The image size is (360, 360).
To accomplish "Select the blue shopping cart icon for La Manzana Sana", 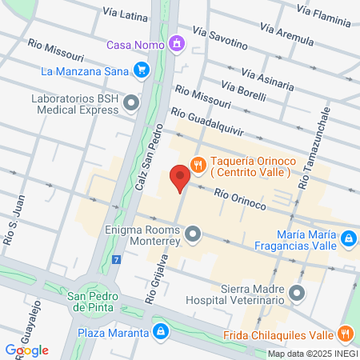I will [x=142, y=71].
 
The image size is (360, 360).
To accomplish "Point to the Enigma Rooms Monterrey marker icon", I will [x=193, y=234].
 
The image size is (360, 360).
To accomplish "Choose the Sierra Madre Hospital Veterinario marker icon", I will [x=298, y=294].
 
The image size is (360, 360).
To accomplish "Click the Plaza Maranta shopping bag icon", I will [x=161, y=331].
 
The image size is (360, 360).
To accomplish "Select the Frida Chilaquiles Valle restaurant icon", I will [x=346, y=334].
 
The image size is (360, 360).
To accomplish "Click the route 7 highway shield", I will [x=117, y=260].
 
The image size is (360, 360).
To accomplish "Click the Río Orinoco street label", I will [x=240, y=198].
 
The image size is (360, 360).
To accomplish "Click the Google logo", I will [x=26, y=350].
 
